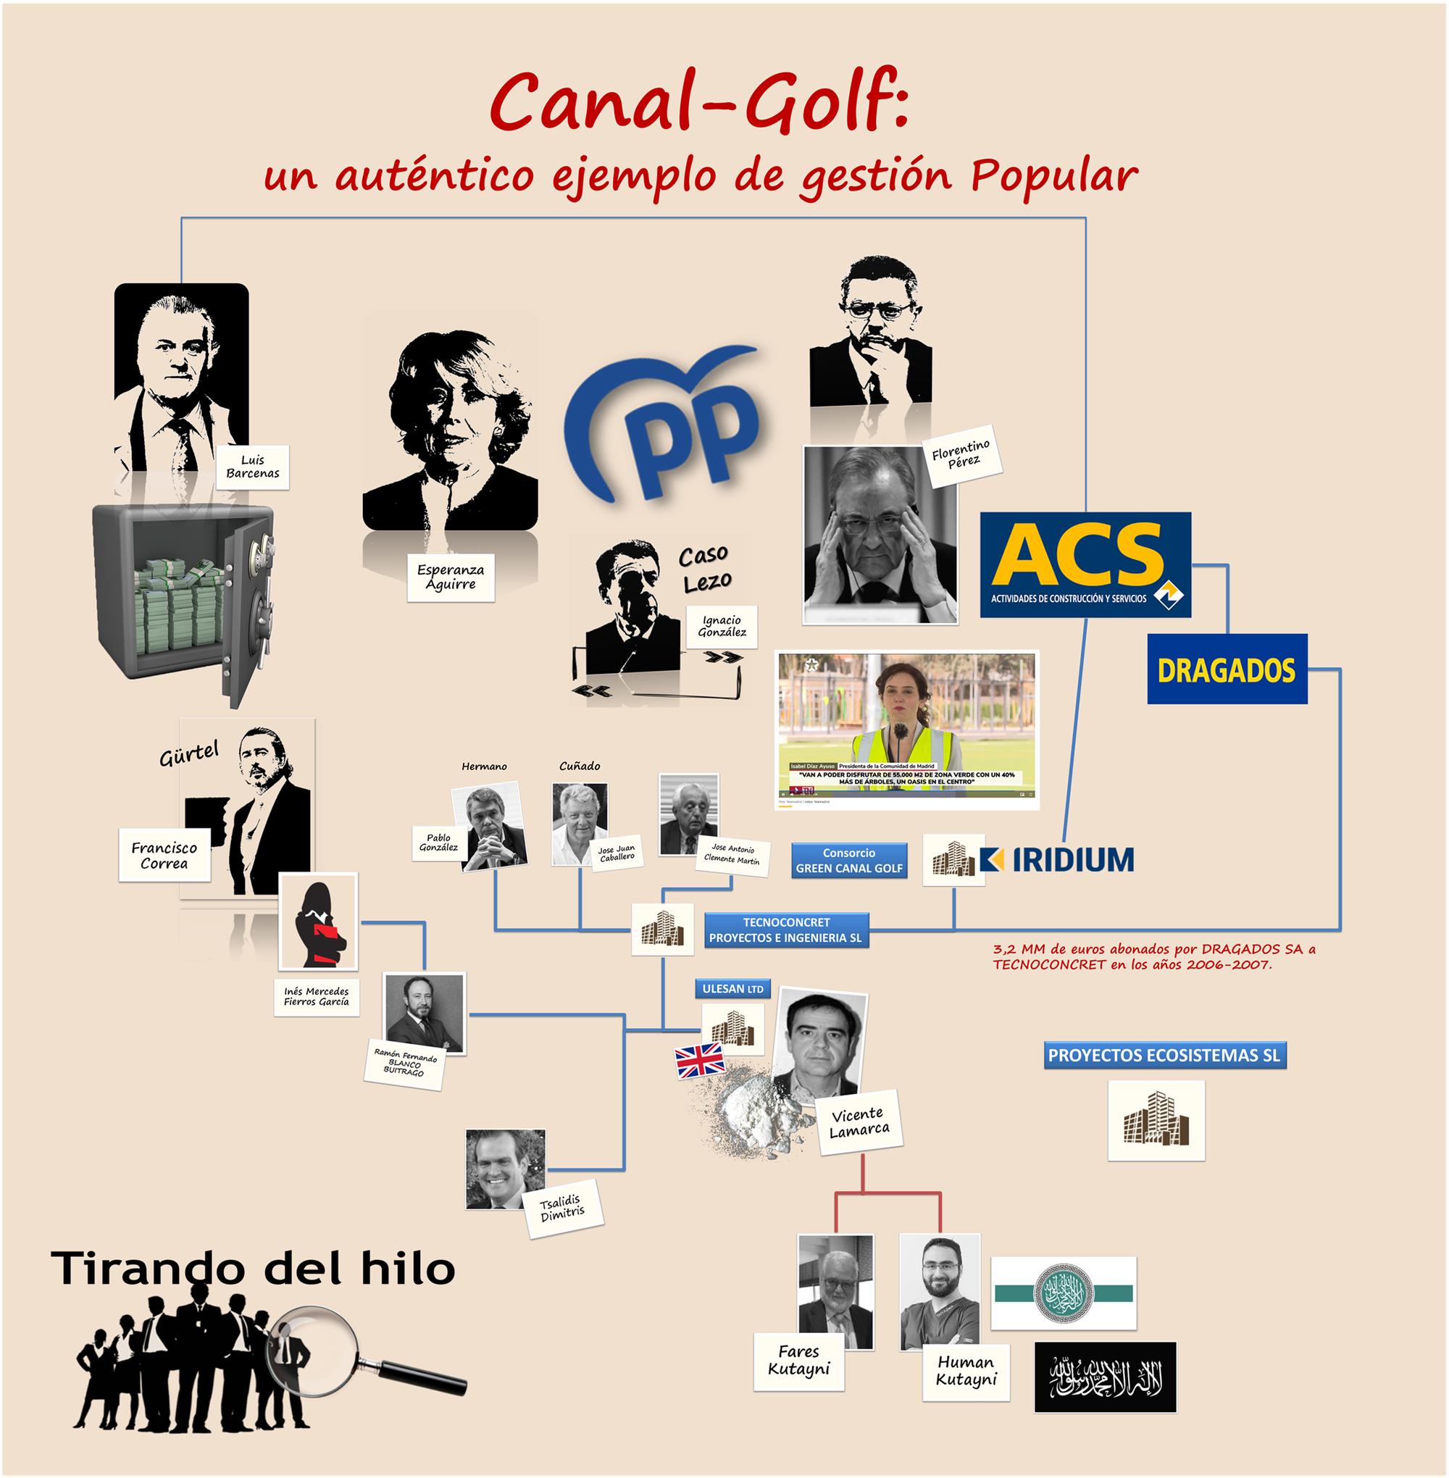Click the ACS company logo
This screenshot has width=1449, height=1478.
1085,564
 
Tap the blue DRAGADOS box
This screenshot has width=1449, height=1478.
1226,669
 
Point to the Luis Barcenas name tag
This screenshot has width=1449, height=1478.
253,467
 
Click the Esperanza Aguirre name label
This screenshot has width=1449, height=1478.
451,576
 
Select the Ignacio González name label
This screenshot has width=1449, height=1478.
722,625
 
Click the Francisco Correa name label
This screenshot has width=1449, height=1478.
164,855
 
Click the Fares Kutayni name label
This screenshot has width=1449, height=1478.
798,1360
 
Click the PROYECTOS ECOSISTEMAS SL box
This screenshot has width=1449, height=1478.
1164,1056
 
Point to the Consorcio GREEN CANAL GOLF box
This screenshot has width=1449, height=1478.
848,861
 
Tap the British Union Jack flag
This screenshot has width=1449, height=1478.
700,1060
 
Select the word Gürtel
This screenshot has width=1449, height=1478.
189,754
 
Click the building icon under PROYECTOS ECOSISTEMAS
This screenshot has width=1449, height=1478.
1156,1119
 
